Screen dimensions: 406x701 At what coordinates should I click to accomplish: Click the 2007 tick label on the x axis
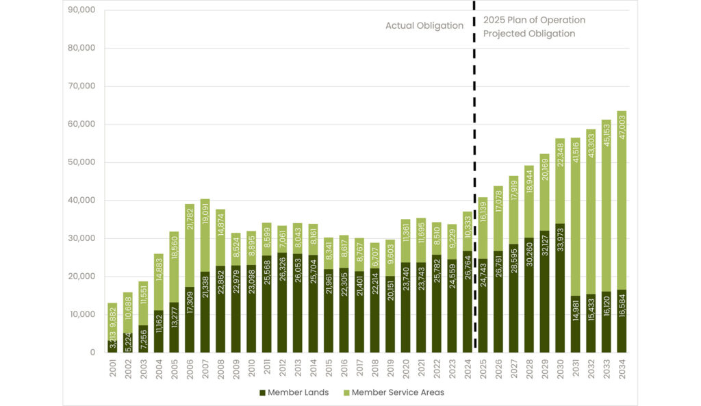click(205, 368)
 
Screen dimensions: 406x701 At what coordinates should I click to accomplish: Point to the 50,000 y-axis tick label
click(81, 162)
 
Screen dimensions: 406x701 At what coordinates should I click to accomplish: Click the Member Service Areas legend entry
click(393, 392)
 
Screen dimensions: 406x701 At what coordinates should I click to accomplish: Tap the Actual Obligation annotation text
click(424, 26)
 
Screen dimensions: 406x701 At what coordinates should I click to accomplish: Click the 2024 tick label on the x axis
click(467, 368)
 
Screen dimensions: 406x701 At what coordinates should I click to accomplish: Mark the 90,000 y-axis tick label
click(81, 10)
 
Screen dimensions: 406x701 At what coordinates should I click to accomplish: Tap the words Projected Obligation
click(529, 34)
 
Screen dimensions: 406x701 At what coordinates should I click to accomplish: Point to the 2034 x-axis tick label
click(621, 368)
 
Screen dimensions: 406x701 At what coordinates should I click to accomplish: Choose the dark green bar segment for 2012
click(281, 302)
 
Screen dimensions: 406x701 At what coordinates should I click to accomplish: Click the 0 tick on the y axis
click(92, 352)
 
